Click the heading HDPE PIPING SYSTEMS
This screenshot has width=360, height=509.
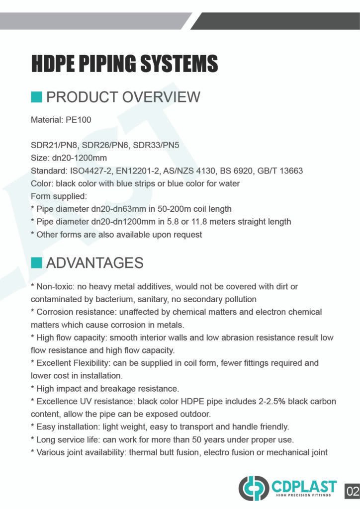point(124,64)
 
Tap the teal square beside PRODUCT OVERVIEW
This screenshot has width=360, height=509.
point(36,96)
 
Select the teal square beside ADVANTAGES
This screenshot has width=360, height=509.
point(36,262)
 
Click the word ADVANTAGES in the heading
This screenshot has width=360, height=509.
point(94,262)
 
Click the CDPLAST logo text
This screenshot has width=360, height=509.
point(304,486)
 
